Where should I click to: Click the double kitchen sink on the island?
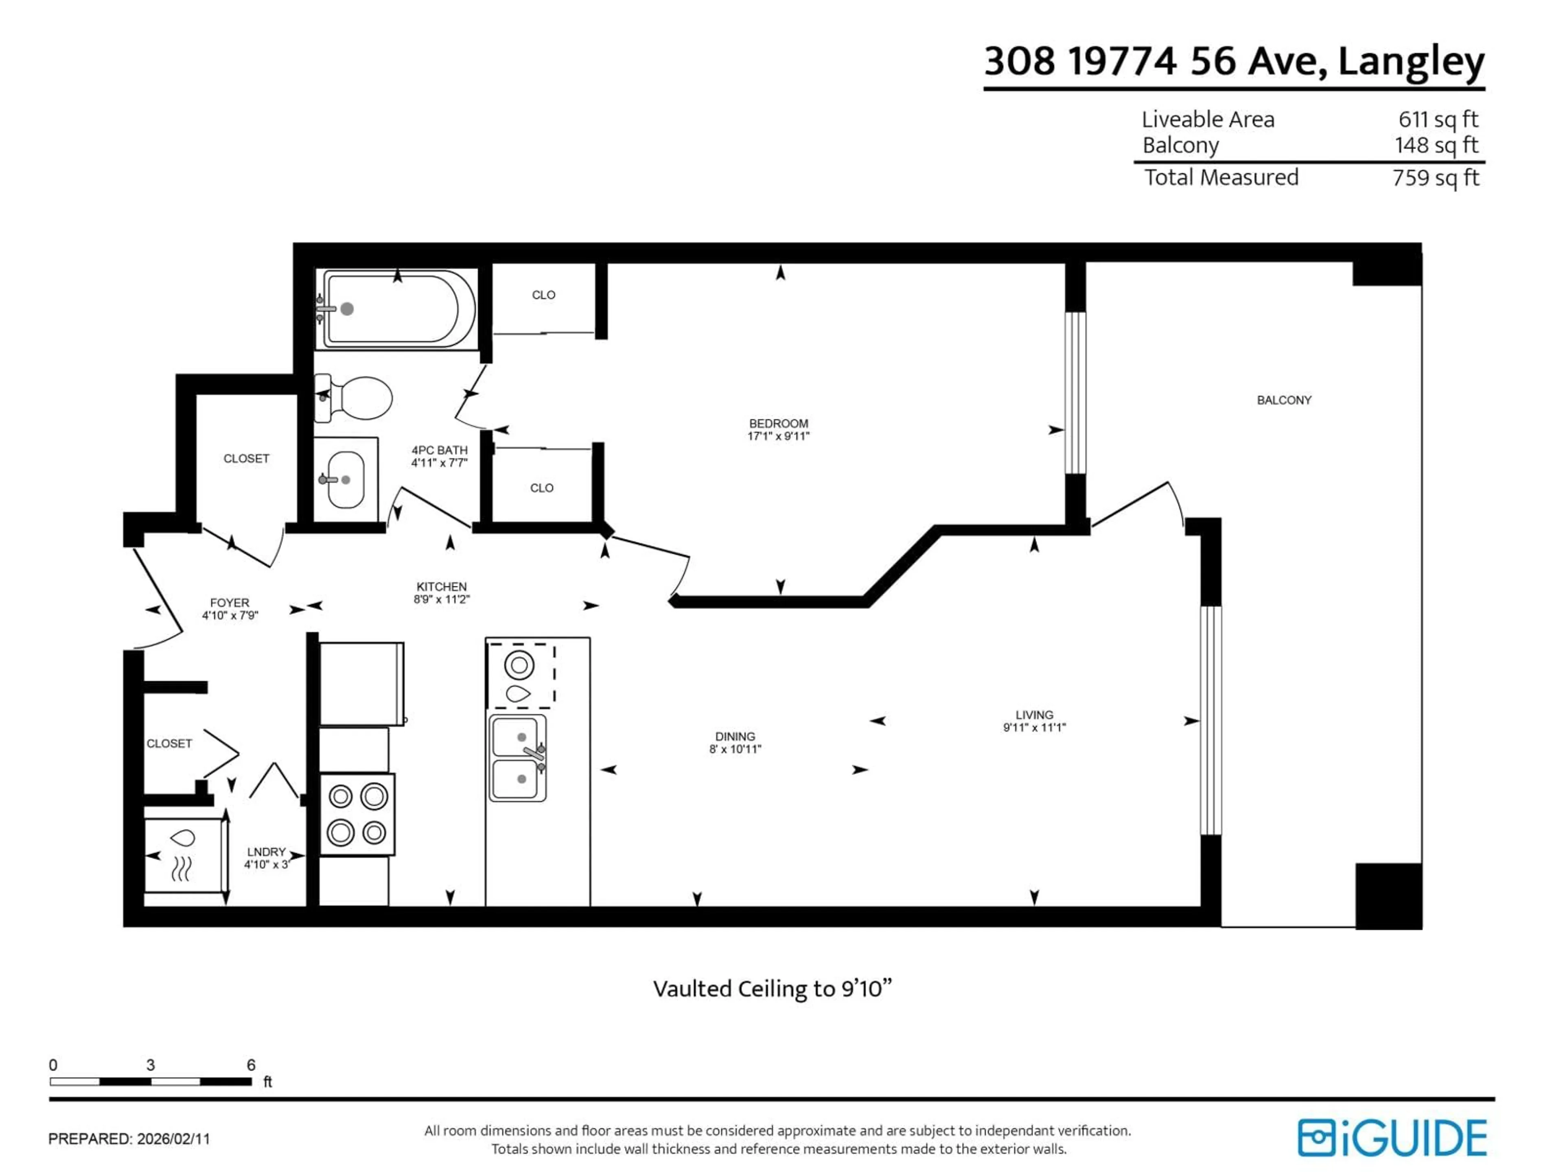pos(517,757)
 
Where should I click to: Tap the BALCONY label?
pos(1283,400)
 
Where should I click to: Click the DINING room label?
pos(735,736)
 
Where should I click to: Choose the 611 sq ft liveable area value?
pos(1438,119)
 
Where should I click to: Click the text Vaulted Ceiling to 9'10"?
pos(772,988)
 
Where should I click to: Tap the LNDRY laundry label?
pos(266,852)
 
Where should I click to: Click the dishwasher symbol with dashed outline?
pos(521,676)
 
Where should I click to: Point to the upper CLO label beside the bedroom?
pos(543,295)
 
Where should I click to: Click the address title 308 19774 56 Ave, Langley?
pos(1234,61)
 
